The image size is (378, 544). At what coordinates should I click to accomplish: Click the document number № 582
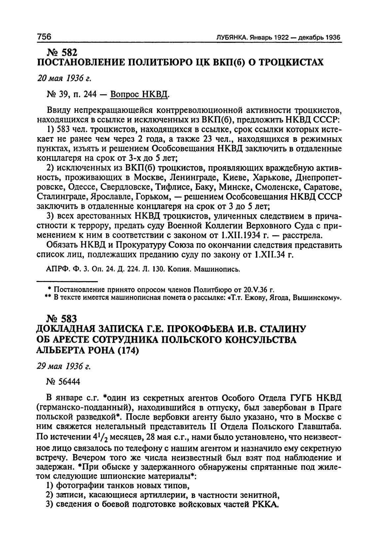pos(62,52)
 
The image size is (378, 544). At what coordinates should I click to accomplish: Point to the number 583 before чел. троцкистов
pos(62,129)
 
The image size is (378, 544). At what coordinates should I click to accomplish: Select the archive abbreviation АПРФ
pos(55,270)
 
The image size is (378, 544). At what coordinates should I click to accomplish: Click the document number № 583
pos(62,319)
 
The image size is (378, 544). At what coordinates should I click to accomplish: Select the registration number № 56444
pos(63,382)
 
